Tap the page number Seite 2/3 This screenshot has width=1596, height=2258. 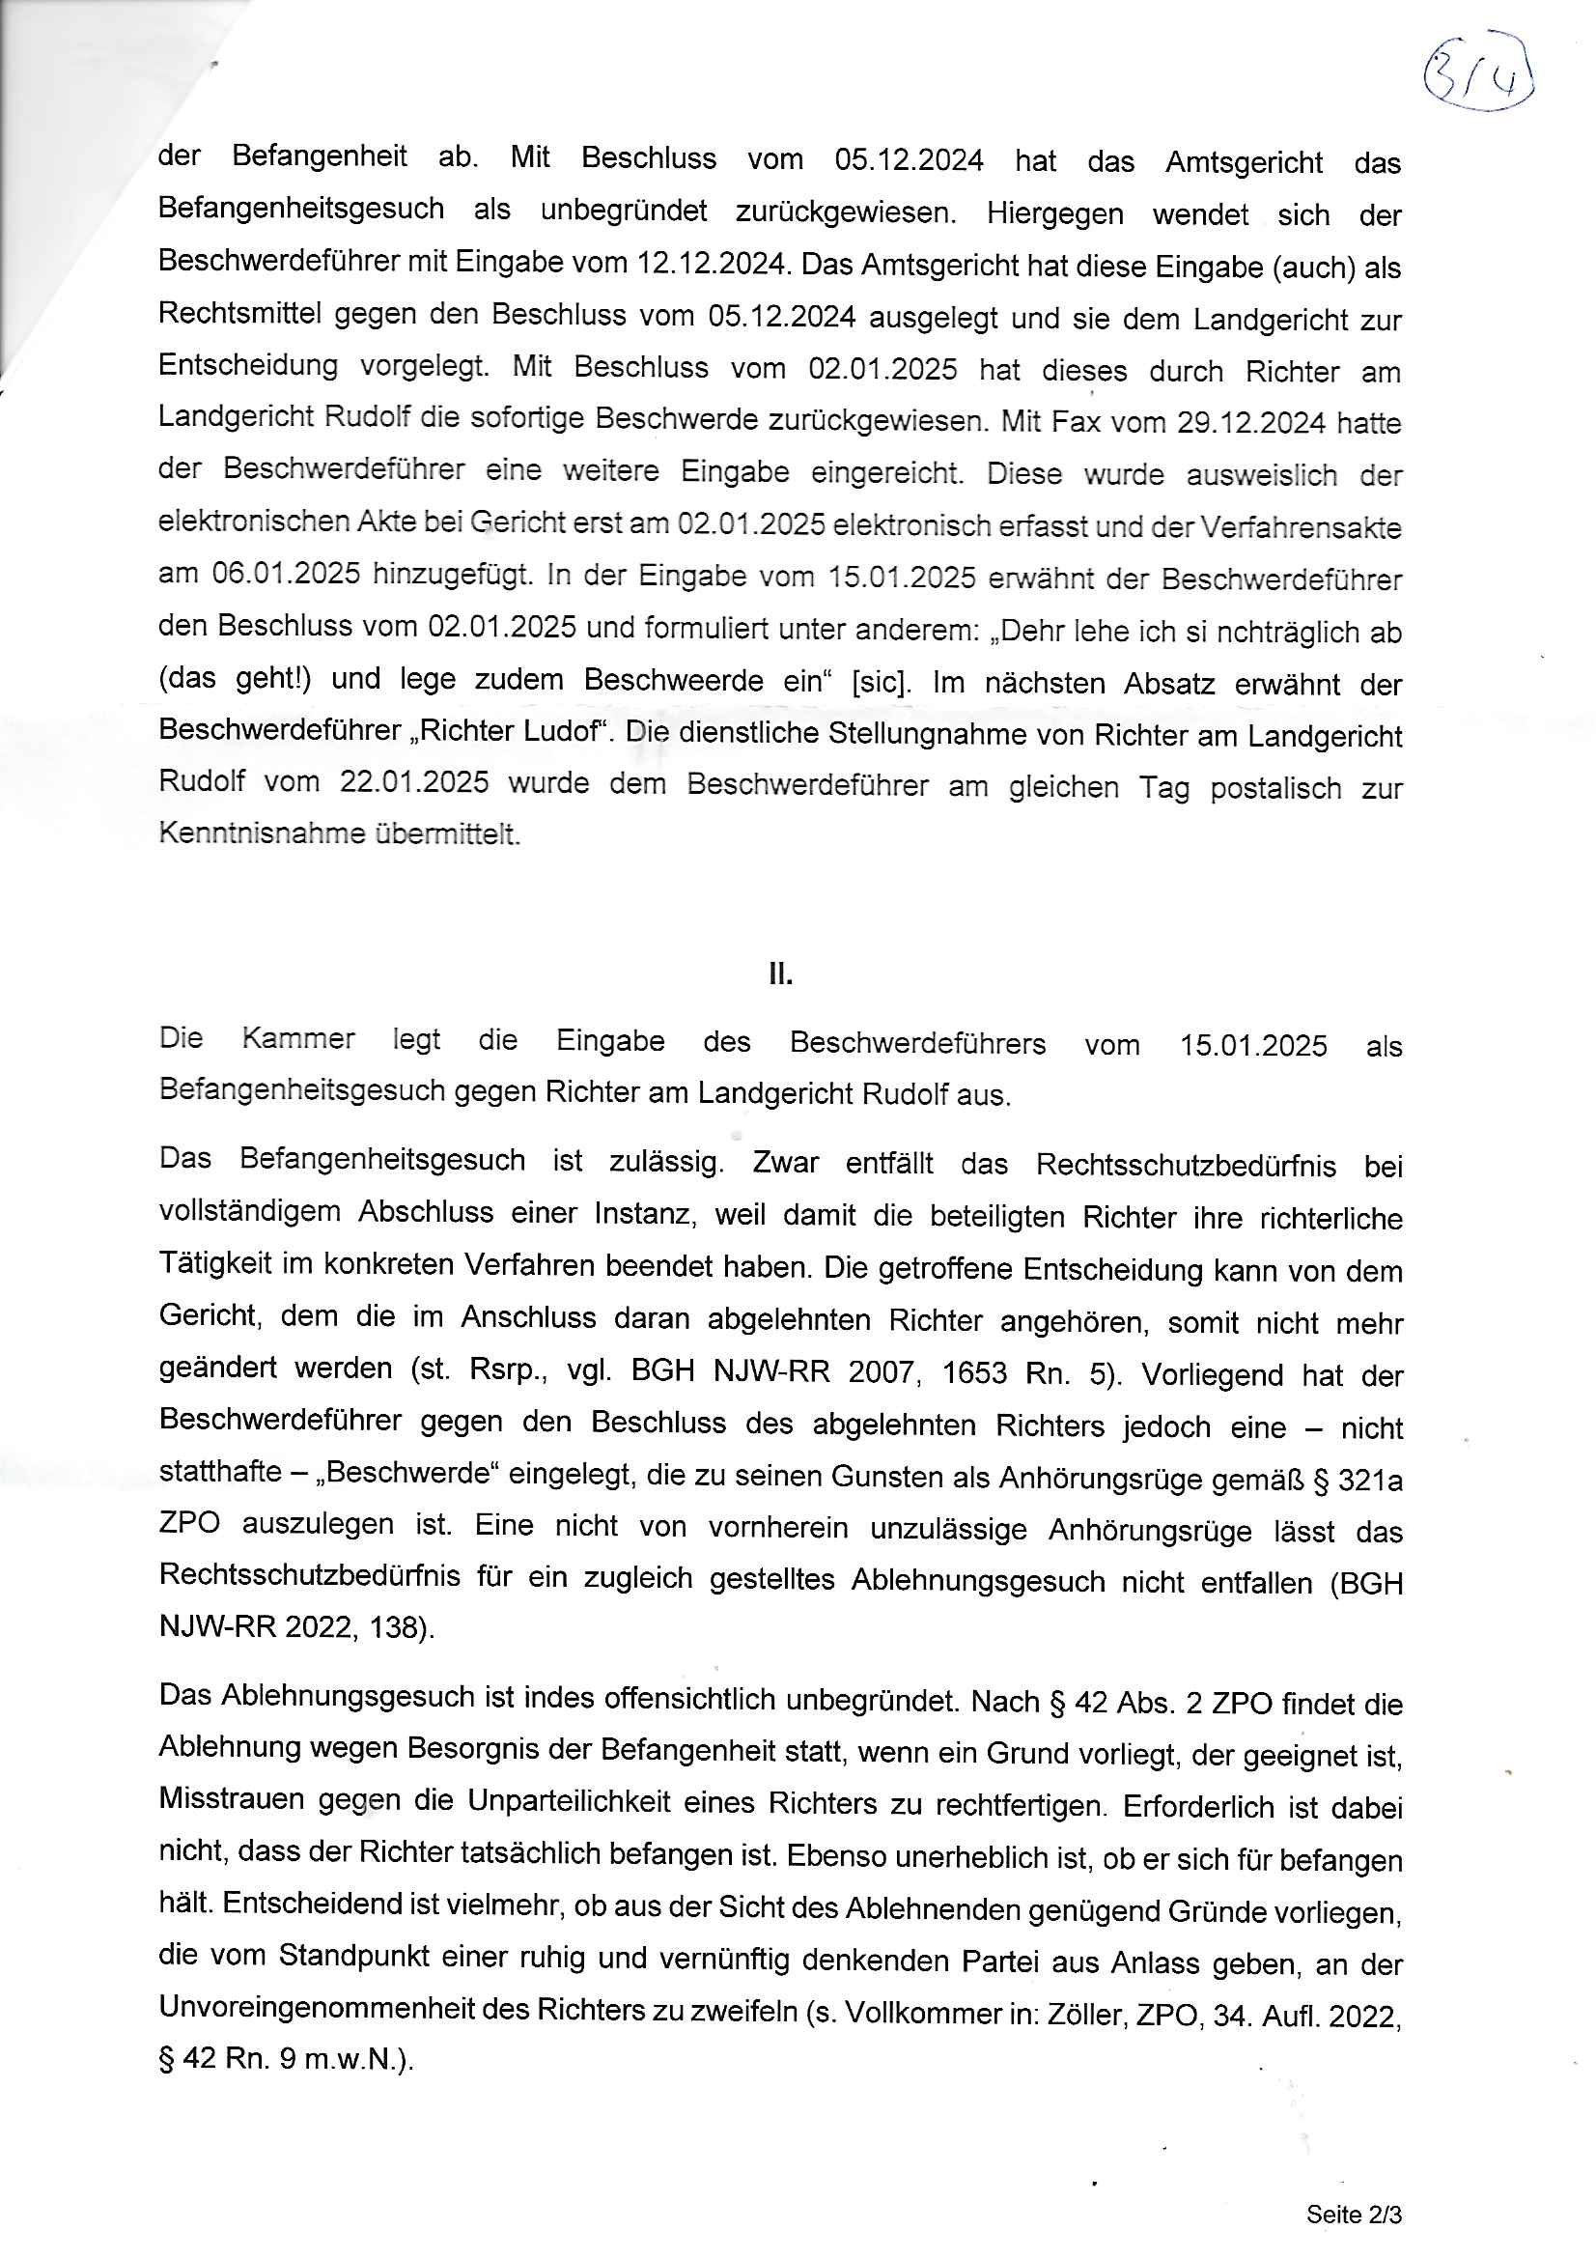pyautogui.click(x=1353, y=2214)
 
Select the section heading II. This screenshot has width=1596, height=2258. pyautogui.click(x=780, y=974)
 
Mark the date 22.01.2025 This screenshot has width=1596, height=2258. pyautogui.click(x=414, y=783)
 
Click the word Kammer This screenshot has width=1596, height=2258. pyautogui.click(x=298, y=1039)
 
